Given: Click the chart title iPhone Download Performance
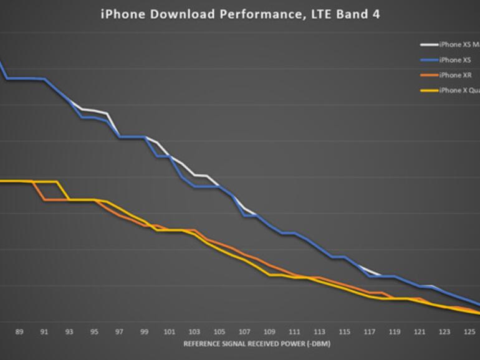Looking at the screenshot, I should [x=240, y=14].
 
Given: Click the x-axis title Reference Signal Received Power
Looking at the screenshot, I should [x=257, y=344].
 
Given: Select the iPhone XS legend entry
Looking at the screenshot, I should [x=455, y=60].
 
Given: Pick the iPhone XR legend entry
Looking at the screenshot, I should [x=455, y=75].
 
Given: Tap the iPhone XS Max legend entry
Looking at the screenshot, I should [x=459, y=45].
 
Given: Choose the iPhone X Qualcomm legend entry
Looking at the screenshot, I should [x=459, y=91].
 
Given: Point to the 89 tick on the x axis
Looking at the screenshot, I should [x=19, y=332].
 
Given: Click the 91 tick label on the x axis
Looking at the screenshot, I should [x=44, y=332].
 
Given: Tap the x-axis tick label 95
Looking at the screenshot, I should [x=94, y=332].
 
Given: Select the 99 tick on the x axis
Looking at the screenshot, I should [x=144, y=332].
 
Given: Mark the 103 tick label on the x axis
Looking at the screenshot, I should [x=194, y=332].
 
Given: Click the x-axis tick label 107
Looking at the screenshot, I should [x=244, y=332].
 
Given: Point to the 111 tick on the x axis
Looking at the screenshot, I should [x=294, y=332].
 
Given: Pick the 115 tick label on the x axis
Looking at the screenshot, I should [x=344, y=332].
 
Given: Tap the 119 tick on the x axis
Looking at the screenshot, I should [x=394, y=332].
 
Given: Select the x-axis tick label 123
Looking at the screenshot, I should [x=444, y=332].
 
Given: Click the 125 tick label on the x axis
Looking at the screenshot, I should [x=469, y=332].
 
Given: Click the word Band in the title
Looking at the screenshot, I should [x=353, y=14].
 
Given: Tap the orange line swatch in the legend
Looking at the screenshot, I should [x=429, y=75].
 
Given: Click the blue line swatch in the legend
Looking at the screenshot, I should [x=429, y=60].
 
